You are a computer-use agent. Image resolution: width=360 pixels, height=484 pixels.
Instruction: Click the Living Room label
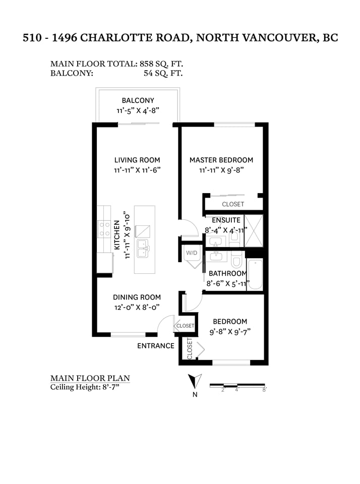point(137,160)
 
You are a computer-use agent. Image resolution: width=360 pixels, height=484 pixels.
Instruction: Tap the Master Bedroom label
point(221,160)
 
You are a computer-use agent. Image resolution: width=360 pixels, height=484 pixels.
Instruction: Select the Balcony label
point(138,100)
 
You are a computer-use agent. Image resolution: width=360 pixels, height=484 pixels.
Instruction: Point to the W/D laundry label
point(192,253)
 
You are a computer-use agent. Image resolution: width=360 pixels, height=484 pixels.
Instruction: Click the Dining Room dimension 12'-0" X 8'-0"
point(137,308)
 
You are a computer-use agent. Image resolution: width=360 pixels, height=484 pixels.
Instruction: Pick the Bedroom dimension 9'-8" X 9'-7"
point(230,332)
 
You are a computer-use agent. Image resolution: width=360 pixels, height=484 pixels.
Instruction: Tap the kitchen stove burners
point(104,229)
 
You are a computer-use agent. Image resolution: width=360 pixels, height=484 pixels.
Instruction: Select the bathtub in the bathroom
point(255,274)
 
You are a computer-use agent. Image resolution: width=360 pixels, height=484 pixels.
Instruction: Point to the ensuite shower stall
point(254,231)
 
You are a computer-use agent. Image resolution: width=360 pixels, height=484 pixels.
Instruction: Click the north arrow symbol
point(195,381)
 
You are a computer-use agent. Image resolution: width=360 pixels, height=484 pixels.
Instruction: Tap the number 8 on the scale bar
point(264,390)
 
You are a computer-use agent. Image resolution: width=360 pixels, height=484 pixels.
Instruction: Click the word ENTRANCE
point(156,346)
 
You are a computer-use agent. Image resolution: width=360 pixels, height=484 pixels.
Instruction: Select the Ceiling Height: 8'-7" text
point(85,387)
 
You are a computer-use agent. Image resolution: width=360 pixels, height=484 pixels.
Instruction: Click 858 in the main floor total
point(146,64)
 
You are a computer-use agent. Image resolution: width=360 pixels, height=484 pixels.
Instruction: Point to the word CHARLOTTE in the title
point(117,38)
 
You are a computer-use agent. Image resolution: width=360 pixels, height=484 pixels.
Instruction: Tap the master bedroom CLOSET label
point(233,204)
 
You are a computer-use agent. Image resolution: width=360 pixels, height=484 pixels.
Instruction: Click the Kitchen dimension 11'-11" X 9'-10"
point(127,235)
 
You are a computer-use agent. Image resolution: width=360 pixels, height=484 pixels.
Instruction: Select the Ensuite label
point(226,220)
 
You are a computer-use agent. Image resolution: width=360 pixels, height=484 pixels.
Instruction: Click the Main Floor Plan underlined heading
point(90,378)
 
